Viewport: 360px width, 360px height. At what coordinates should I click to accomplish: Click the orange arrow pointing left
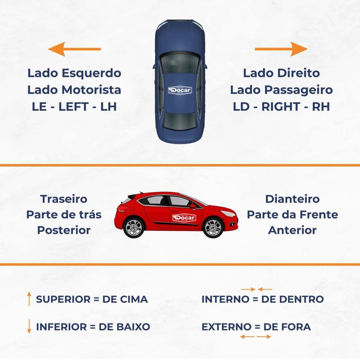[75, 49]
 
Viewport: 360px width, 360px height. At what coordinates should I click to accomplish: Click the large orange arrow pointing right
[281, 49]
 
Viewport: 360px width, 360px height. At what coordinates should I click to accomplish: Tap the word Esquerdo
[91, 73]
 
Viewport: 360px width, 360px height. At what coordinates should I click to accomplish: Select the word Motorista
[91, 90]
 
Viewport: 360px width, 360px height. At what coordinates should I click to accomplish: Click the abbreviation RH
[321, 107]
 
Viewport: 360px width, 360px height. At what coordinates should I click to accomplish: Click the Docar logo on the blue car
[180, 90]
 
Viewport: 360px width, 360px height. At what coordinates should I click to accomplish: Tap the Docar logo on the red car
[184, 218]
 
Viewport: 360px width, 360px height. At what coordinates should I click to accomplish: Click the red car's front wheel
[213, 228]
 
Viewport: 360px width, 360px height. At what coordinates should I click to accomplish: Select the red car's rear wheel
[134, 228]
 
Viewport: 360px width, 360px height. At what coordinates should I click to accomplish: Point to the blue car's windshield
[180, 63]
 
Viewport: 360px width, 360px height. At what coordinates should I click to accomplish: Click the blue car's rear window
[180, 121]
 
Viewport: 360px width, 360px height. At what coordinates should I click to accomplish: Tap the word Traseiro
[64, 199]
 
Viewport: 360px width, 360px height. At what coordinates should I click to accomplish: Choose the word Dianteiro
[292, 199]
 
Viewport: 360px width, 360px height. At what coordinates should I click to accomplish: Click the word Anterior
[292, 230]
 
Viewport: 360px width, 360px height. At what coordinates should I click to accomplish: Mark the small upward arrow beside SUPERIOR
[29, 299]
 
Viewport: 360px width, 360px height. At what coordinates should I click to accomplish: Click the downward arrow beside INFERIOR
[29, 326]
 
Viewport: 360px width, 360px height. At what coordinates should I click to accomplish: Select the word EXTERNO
[226, 327]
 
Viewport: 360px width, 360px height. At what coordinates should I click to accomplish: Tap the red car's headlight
[228, 213]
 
